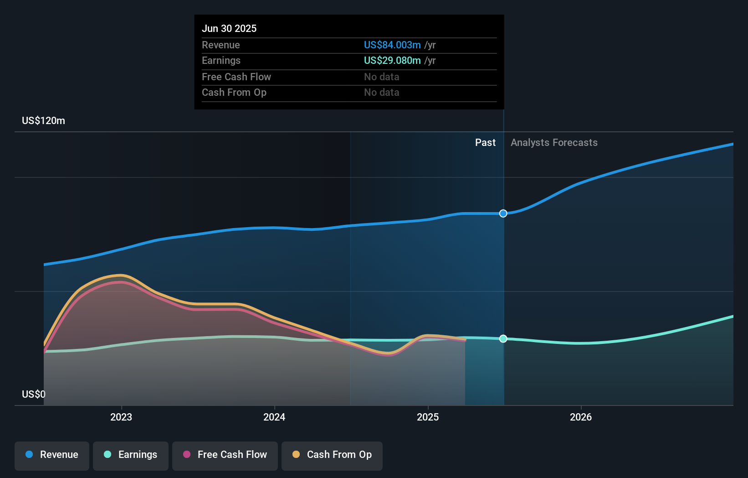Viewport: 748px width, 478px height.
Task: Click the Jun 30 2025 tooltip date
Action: pos(229,28)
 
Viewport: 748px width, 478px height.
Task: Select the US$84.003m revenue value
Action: pos(392,45)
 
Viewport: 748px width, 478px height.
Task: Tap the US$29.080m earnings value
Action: pos(392,60)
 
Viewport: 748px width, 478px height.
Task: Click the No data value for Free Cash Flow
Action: pos(381,77)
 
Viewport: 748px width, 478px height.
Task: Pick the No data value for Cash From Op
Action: pos(381,92)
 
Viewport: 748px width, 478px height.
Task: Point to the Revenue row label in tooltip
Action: pos(221,45)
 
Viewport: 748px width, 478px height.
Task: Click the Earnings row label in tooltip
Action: pos(221,60)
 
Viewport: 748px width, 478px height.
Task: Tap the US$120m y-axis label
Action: pos(43,120)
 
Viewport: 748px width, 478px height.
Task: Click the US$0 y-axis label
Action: pos(34,394)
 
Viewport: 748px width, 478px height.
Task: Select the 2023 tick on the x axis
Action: pos(121,417)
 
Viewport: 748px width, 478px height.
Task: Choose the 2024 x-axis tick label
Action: pos(274,417)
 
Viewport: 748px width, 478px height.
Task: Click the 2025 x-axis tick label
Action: pos(428,417)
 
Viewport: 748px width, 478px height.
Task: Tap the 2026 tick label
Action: pos(581,417)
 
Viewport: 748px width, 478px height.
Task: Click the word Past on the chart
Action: pos(485,142)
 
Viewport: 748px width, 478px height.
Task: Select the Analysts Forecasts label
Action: pos(554,142)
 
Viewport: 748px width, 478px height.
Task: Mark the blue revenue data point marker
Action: pos(503,213)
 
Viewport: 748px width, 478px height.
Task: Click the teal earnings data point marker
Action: pos(503,338)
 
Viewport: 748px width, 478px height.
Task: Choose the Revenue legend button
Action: pos(52,455)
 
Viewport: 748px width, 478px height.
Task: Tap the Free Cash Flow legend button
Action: pos(225,455)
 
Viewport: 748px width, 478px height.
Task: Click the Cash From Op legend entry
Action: pos(332,455)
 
